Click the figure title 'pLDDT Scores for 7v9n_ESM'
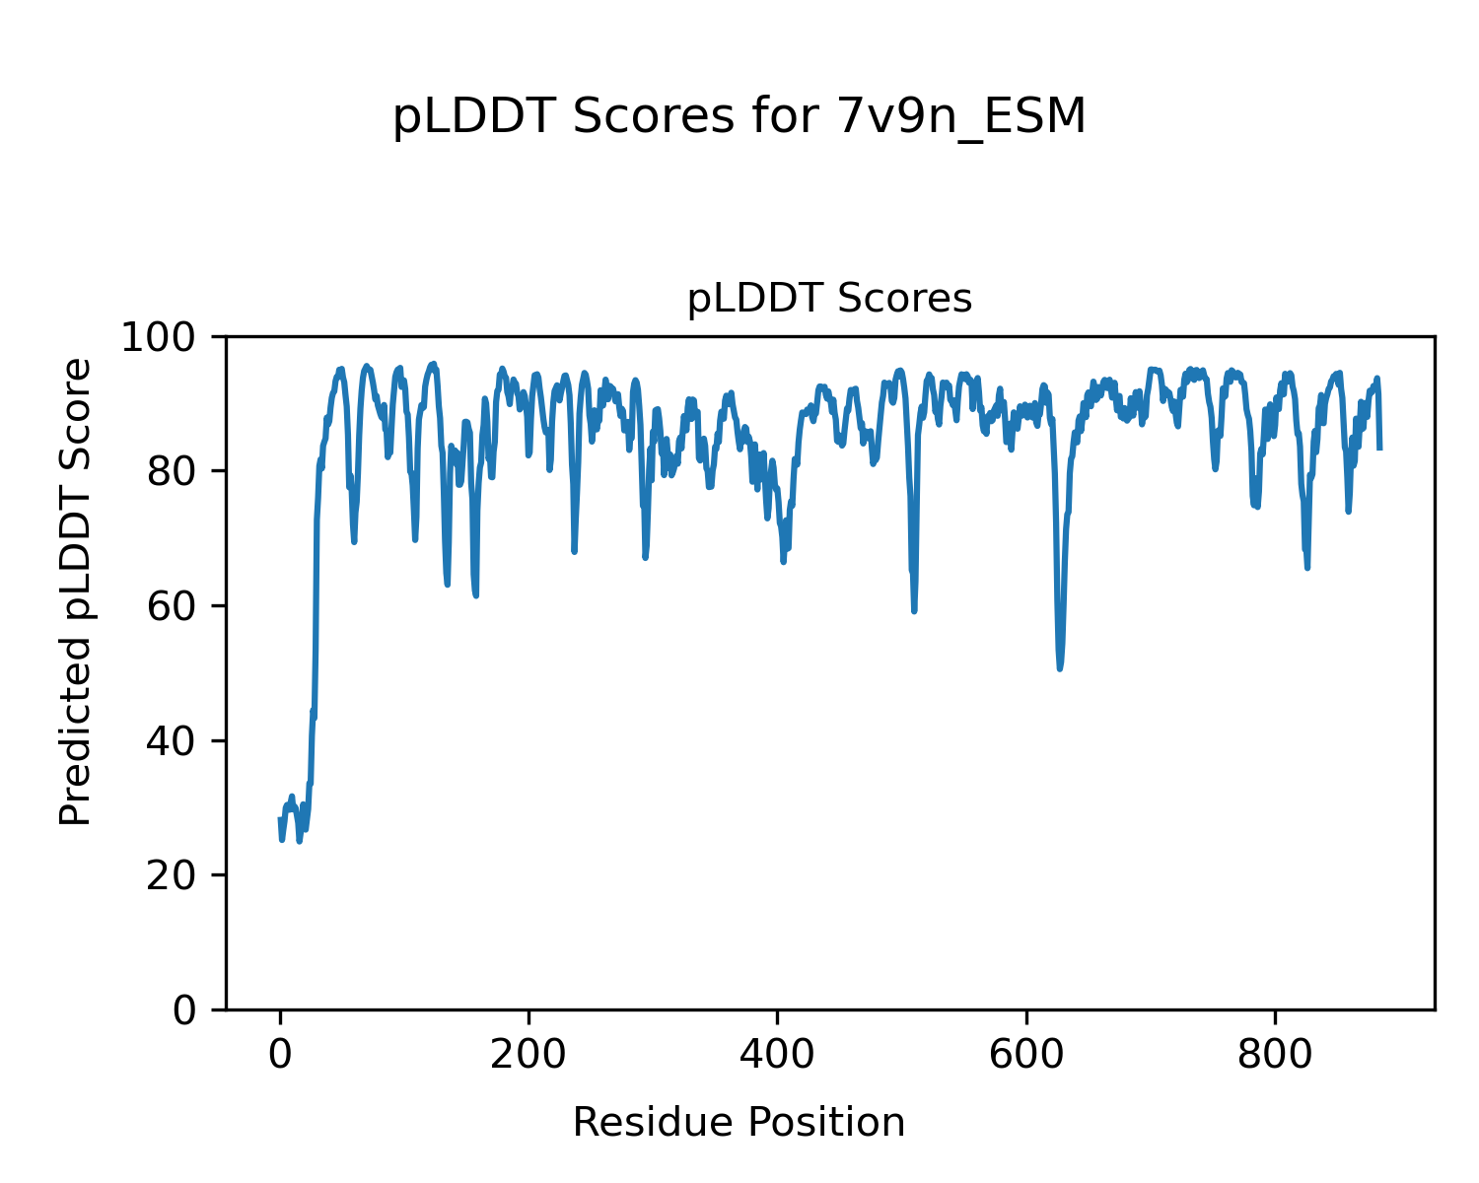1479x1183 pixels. pyautogui.click(x=739, y=118)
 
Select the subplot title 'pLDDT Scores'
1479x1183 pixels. pyautogui.click(x=829, y=299)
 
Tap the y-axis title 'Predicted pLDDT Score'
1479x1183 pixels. pyautogui.click(x=76, y=591)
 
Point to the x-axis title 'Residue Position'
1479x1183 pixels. pyautogui.click(x=739, y=1123)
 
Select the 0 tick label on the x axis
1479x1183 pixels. pyautogui.click(x=280, y=1055)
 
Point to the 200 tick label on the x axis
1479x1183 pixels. pyautogui.click(x=528, y=1055)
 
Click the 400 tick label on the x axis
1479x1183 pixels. pyautogui.click(x=777, y=1055)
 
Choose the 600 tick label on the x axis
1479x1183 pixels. pyautogui.click(x=1026, y=1055)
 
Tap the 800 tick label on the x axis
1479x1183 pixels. pyautogui.click(x=1275, y=1055)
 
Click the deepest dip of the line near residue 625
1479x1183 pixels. pyautogui.click(x=1059, y=668)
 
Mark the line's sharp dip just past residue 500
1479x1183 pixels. pyautogui.click(x=914, y=610)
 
